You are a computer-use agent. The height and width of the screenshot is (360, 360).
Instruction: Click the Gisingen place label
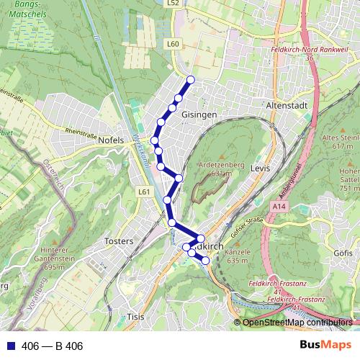tap(199, 115)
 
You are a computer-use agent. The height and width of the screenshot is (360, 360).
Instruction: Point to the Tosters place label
tap(119, 240)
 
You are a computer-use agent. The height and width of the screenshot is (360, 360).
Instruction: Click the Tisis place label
tap(135, 316)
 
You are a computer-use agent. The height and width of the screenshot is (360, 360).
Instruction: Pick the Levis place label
tap(260, 167)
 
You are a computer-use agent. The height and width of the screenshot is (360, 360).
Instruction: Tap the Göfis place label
tap(344, 253)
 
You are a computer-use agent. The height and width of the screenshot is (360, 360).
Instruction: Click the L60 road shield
tap(172, 44)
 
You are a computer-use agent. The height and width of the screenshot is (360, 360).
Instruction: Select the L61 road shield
tap(144, 192)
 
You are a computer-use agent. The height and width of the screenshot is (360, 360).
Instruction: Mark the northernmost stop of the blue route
tap(191, 79)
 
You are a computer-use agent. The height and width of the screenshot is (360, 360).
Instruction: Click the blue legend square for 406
tap(9, 346)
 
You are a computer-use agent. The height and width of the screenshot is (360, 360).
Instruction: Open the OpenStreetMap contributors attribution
tap(297, 323)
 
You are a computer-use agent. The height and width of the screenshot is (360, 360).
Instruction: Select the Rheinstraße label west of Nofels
tap(79, 132)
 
